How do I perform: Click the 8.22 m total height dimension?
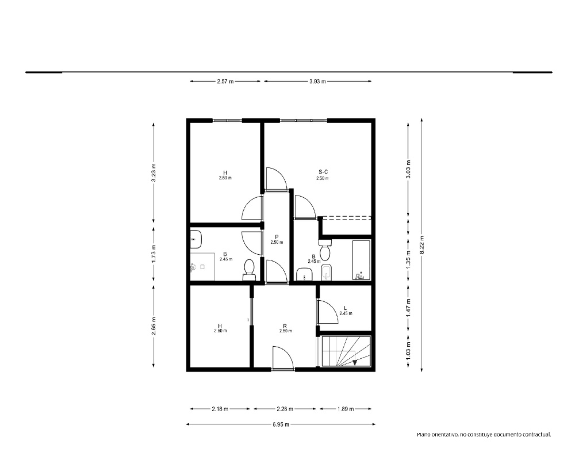[421, 245]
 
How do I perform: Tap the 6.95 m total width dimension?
[281, 424]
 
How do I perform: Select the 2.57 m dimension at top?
[225, 82]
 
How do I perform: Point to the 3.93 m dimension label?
[317, 82]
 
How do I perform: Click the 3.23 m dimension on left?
[154, 172]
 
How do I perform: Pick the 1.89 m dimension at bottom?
[346, 409]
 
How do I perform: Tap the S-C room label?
[323, 172]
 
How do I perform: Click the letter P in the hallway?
[277, 237]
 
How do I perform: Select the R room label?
[285, 326]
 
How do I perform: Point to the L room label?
[345, 308]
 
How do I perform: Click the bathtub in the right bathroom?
[361, 260]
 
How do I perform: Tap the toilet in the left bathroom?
[250, 270]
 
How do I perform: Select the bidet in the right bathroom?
[327, 272]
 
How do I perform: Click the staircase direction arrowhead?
[355, 362]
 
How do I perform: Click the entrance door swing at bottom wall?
[283, 358]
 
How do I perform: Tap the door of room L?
[328, 312]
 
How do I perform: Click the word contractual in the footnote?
[537, 435]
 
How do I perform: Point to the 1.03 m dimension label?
[408, 350]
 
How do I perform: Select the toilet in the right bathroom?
[325, 250]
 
